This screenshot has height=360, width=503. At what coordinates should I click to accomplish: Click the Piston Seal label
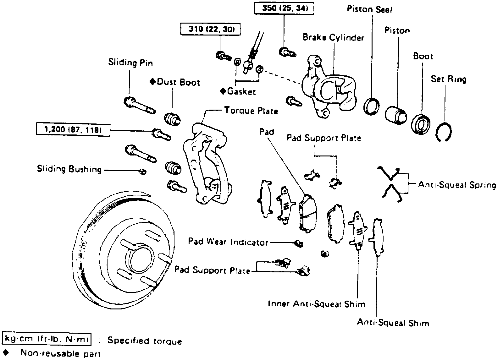369,9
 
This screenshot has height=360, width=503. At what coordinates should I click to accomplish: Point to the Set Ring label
449,79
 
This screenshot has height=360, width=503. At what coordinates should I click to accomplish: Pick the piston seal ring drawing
371,106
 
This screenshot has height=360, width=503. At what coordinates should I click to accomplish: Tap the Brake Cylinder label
333,38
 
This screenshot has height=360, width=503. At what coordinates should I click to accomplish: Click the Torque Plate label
251,111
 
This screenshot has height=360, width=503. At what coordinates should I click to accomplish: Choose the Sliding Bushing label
69,169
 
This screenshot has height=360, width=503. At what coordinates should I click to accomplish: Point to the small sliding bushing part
143,172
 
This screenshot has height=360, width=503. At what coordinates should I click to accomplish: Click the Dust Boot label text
178,82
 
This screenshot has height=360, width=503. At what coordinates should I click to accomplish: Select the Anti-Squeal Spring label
457,185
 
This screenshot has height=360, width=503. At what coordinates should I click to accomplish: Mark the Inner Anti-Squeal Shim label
316,304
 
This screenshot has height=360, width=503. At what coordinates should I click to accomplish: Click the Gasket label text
241,91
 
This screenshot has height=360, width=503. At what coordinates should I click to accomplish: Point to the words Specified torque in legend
145,341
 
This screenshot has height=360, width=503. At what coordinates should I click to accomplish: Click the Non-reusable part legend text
60,353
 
